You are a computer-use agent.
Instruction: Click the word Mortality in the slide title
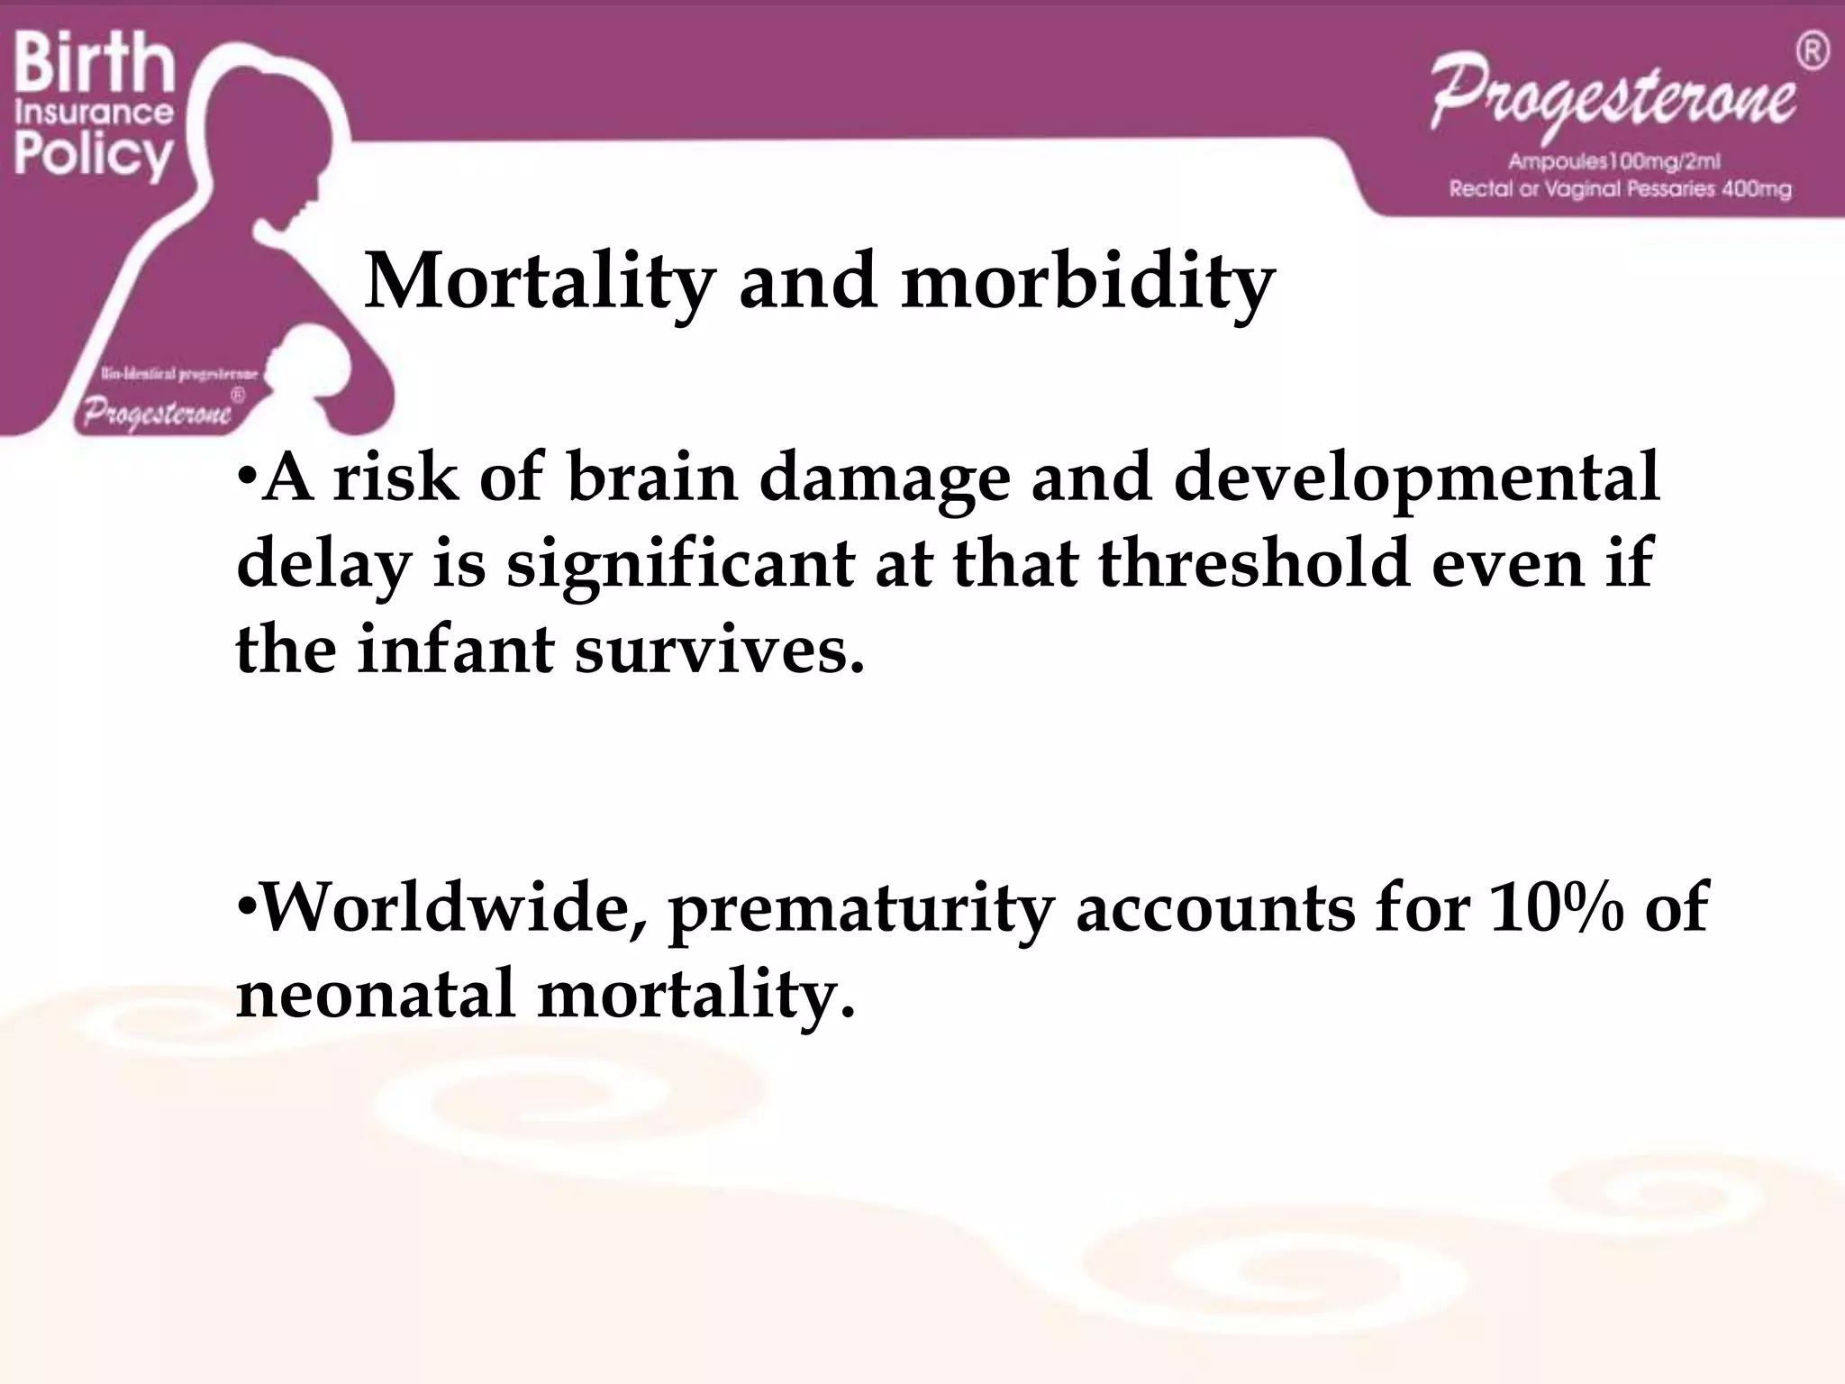[x=539, y=282]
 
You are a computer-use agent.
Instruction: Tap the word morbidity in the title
[x=1087, y=282]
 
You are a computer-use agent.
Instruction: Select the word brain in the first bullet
[x=652, y=478]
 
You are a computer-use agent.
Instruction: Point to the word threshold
[x=1253, y=564]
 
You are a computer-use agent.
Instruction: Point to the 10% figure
[x=1556, y=906]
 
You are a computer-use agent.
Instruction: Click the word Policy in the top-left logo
[x=93, y=155]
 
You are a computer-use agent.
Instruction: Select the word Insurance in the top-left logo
[x=95, y=113]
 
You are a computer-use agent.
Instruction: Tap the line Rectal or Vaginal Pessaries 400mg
[x=1620, y=190]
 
